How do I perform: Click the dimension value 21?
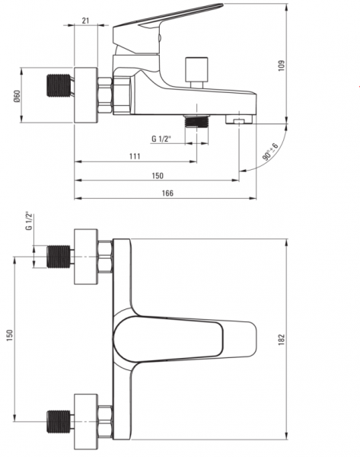click(85, 21)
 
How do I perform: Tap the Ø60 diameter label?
click(17, 96)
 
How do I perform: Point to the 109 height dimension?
click(281, 66)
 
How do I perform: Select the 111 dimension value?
click(135, 156)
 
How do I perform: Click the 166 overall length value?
click(167, 193)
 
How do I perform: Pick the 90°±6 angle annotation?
click(271, 152)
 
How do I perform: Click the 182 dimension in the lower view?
click(281, 340)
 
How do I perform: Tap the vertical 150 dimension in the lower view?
click(10, 335)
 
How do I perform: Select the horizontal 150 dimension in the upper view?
click(158, 176)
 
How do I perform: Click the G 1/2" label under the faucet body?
click(161, 139)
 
